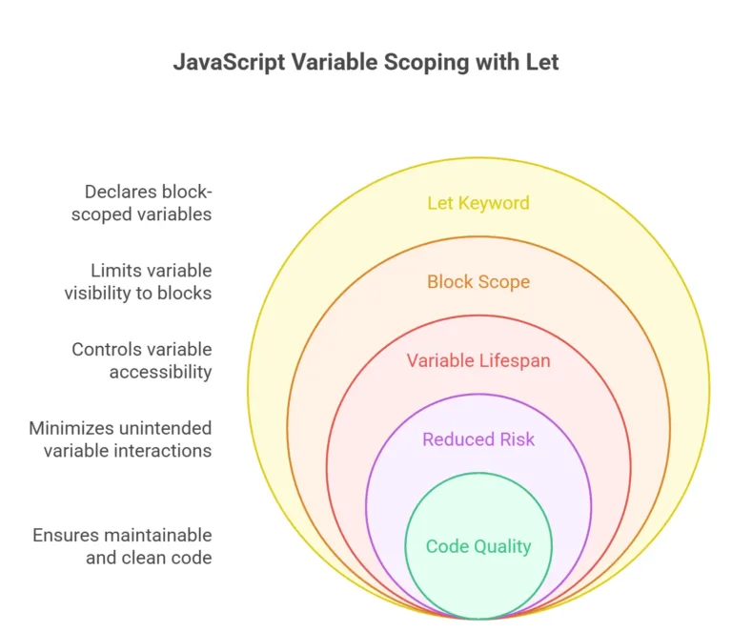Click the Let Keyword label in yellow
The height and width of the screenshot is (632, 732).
[478, 203]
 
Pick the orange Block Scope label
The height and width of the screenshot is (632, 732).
[478, 282]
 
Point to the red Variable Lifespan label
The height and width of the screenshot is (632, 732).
[478, 360]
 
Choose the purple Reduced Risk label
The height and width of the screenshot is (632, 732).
[478, 439]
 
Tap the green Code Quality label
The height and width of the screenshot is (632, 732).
[478, 546]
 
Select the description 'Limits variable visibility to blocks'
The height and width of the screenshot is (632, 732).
[138, 281]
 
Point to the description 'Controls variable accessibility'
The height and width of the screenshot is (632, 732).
[142, 360]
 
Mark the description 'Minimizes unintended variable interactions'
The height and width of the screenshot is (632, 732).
[121, 438]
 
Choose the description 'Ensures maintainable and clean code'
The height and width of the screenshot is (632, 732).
[123, 546]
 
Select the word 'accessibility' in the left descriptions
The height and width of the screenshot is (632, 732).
[160, 372]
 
